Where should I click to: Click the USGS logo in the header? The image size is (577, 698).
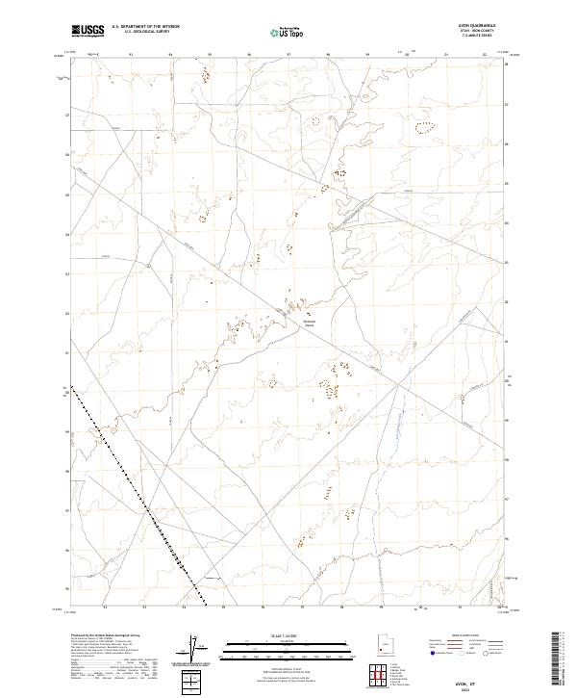[x=88, y=30]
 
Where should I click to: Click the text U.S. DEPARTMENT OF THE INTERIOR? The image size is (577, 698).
[x=144, y=27]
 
